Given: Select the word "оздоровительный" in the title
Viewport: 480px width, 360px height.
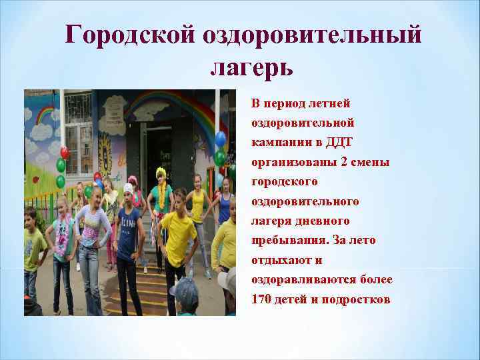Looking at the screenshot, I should click(309, 35).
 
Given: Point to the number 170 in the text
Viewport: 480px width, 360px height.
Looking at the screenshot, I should click(261, 299).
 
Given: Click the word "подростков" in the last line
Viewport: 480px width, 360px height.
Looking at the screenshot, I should click(356, 299).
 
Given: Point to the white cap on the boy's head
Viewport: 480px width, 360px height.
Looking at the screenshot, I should click(129, 188).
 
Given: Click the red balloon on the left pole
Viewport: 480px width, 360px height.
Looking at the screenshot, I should click(64, 152).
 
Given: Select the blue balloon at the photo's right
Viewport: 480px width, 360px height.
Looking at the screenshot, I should click(221, 139).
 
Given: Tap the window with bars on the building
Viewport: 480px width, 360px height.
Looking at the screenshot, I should click(79, 123).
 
